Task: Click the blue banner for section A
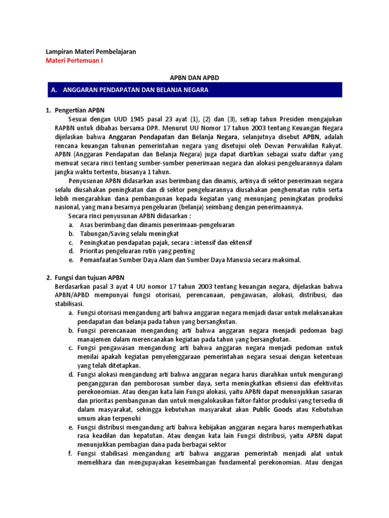(x=194, y=90)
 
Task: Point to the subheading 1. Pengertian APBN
(x=74, y=110)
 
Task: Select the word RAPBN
(x=57, y=128)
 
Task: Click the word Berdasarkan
(x=73, y=287)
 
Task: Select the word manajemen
(x=95, y=339)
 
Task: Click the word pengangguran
(x=101, y=382)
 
